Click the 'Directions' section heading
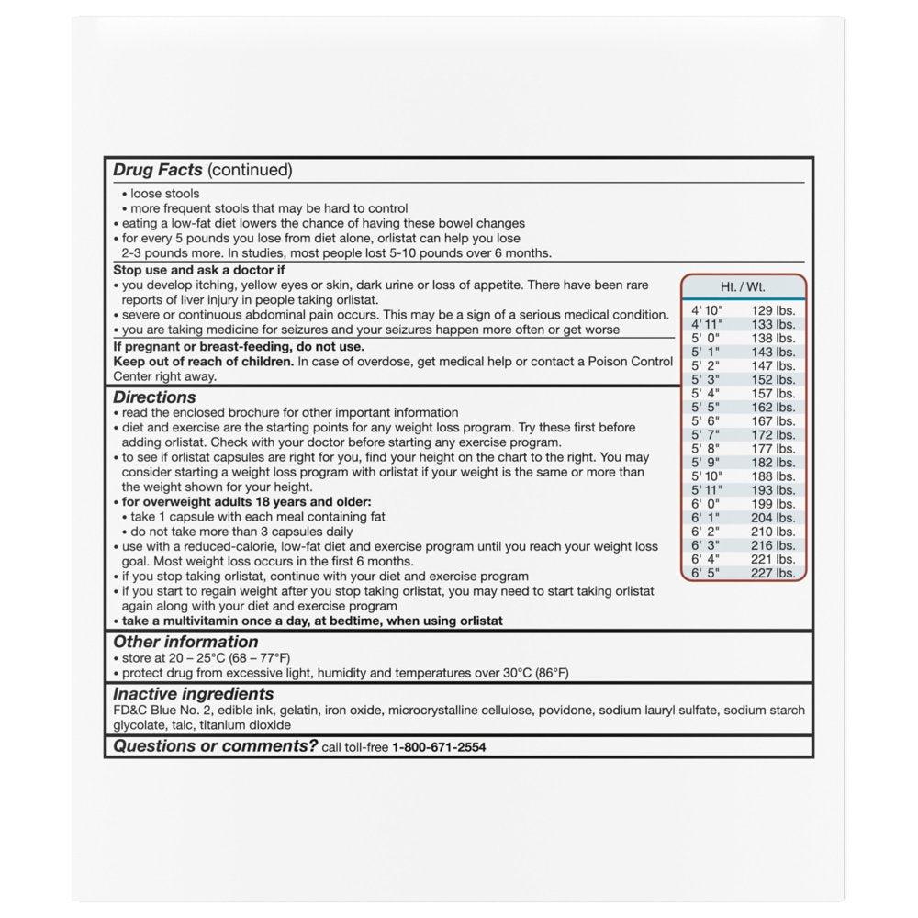pyautogui.click(x=154, y=397)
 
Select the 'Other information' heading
pyautogui.click(x=185, y=642)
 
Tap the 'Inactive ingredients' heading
pyautogui.click(x=193, y=694)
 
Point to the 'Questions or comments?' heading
pyautogui.click(x=215, y=746)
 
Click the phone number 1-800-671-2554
pyautogui.click(x=439, y=747)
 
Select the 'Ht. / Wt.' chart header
pyautogui.click(x=744, y=286)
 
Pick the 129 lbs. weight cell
pyautogui.click(x=773, y=311)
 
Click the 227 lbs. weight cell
pyautogui.click(x=773, y=573)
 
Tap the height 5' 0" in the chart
pyautogui.click(x=707, y=339)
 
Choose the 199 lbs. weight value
pyautogui.click(x=773, y=504)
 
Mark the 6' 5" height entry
pyautogui.click(x=707, y=573)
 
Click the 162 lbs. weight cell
pyautogui.click(x=773, y=408)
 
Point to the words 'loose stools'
pyautogui.click(x=164, y=194)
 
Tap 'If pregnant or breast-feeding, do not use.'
pyautogui.click(x=239, y=347)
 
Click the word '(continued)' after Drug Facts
pyautogui.click(x=250, y=170)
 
